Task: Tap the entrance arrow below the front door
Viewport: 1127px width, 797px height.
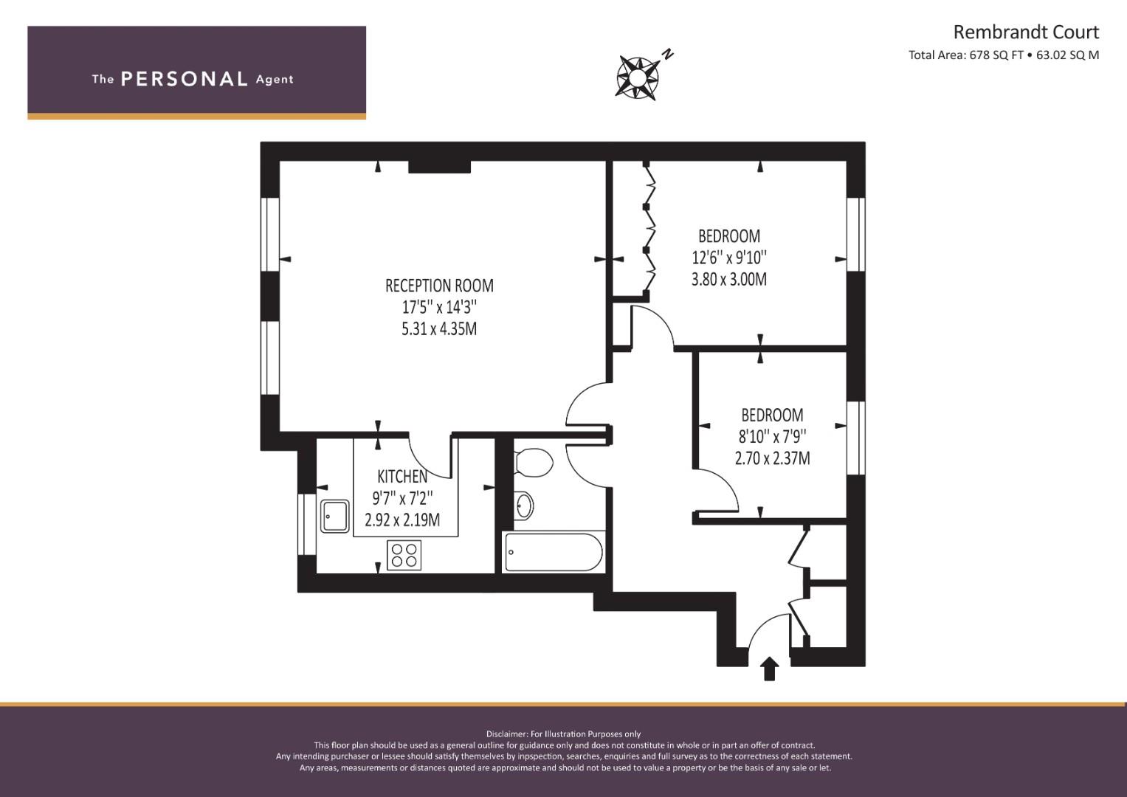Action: (769, 669)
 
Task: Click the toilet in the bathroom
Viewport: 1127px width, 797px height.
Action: (534, 463)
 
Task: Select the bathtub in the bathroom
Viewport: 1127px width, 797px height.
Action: (554, 552)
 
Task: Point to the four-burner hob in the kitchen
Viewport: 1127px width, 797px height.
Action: (404, 555)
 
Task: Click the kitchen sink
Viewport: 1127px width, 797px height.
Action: (334, 516)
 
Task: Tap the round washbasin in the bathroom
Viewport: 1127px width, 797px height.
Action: (524, 506)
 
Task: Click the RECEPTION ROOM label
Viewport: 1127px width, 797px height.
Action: (439, 286)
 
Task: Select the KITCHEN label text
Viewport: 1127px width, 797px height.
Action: (402, 476)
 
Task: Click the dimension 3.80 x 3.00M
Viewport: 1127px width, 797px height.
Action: (729, 279)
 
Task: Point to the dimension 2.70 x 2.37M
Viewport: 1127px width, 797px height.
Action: (772, 458)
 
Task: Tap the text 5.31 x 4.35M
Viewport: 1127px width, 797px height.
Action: (439, 329)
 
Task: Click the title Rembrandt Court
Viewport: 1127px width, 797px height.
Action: (1026, 32)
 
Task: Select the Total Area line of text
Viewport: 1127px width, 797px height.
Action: (1004, 55)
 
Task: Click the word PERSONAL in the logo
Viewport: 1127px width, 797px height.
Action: (185, 79)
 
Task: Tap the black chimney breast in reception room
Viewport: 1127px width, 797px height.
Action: (439, 167)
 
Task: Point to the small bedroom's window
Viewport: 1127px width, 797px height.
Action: (856, 438)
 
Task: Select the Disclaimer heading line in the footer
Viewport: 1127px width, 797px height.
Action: (564, 734)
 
